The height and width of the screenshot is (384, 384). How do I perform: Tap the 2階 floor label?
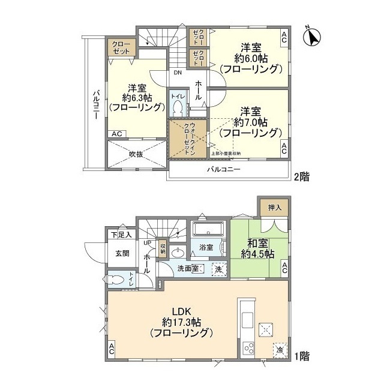coord(302,177)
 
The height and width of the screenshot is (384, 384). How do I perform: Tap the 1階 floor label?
coord(302,356)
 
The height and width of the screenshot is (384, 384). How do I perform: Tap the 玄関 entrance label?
coord(122,253)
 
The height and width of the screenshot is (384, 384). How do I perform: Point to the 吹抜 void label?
coord(136,154)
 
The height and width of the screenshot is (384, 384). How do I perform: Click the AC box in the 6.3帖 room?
coord(117,134)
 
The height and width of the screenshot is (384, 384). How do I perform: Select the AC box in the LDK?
coord(112,348)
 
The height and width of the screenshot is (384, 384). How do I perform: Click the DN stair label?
coord(178,73)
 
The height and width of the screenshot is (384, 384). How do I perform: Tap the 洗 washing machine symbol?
coord(219,269)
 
